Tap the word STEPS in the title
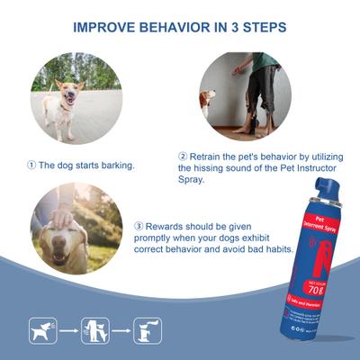click(262, 27)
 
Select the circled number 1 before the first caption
click(31, 165)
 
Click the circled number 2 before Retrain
click(183, 156)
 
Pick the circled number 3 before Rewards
click(138, 226)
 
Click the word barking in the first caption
click(120, 165)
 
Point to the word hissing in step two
click(207, 167)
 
